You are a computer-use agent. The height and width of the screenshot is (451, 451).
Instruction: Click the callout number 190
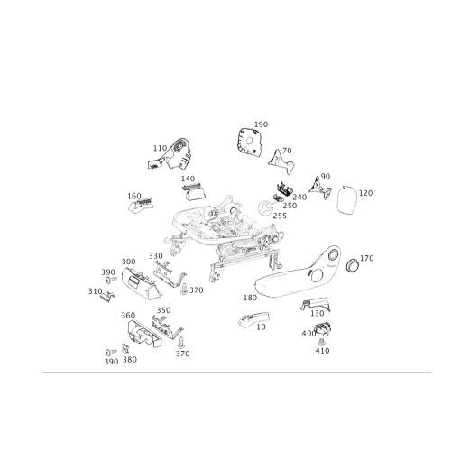261,124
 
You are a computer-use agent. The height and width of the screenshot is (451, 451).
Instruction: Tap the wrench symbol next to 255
265,208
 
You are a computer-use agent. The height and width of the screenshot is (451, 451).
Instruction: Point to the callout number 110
160,148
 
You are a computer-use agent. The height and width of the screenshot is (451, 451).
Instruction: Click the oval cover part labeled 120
346,200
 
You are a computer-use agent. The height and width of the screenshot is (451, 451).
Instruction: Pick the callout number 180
250,298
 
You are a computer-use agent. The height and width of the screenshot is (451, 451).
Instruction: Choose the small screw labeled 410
321,342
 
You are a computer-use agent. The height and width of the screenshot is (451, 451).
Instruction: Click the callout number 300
128,262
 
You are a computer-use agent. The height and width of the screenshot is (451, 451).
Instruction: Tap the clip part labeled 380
125,349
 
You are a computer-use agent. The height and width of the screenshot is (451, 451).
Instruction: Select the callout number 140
188,179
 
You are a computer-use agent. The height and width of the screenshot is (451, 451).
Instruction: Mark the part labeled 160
141,206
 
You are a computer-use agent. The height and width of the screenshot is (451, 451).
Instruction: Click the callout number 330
156,256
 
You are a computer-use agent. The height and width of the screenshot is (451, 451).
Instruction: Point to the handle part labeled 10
253,319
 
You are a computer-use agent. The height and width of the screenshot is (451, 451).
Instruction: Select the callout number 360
128,316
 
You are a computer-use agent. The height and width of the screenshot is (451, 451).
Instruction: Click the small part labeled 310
107,296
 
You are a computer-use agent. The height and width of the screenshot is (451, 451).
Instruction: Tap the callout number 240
299,198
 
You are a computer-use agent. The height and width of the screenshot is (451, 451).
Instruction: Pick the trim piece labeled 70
281,161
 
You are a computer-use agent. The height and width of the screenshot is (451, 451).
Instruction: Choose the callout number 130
317,313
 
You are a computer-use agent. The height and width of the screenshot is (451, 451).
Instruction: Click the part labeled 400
323,328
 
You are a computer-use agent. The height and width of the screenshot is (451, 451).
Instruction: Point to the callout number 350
164,310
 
